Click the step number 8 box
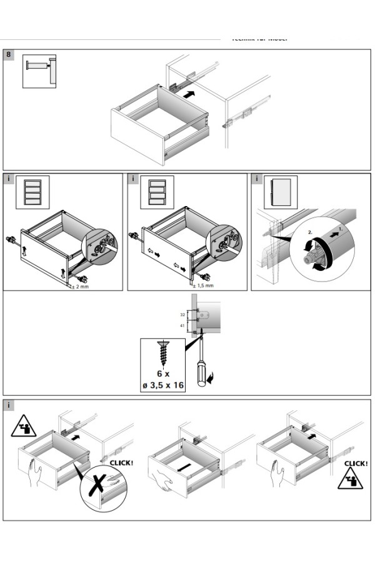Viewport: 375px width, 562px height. [8, 55]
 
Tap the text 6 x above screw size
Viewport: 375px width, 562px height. [162, 373]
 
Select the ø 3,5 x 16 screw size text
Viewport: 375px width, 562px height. [162, 385]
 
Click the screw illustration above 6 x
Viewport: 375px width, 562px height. [163, 353]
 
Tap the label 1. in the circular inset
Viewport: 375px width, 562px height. [340, 229]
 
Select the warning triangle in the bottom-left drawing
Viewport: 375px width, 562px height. [23, 426]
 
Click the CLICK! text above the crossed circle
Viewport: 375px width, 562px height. [121, 463]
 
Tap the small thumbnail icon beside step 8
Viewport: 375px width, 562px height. [39, 71]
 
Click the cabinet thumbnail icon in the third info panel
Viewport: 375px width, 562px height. [281, 192]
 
